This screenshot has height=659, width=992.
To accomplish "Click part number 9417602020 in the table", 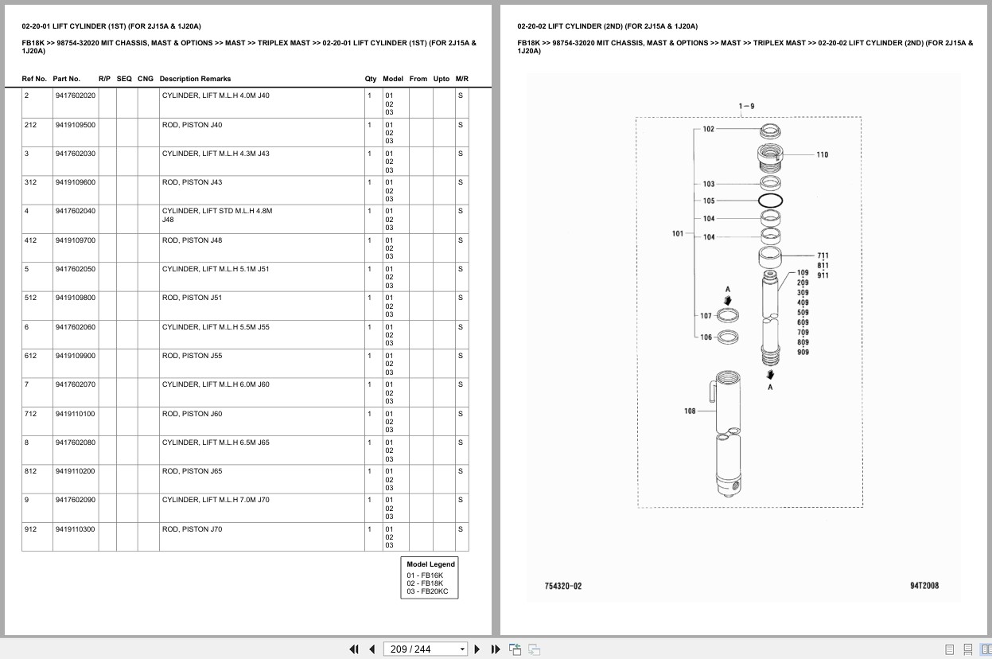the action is [x=76, y=96].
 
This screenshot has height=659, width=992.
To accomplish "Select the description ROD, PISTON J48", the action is [x=193, y=240].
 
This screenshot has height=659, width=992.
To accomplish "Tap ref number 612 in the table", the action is [x=30, y=356].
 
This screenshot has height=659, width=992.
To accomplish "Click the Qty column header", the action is [x=370, y=79].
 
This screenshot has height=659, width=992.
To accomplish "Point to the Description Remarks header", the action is [x=195, y=79].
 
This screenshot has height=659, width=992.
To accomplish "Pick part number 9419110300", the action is [x=76, y=529].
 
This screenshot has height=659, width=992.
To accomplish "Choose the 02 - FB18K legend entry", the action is [x=425, y=583].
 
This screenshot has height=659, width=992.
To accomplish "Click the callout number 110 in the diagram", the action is [x=823, y=154].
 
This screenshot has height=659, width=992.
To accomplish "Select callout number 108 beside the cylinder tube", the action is [x=690, y=411].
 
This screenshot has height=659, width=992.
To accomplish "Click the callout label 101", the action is [x=678, y=233].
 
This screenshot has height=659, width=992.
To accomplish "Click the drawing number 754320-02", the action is [x=563, y=586].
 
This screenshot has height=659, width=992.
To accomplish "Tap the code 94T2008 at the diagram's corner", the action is [x=924, y=586].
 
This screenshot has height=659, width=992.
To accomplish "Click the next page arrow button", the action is [x=477, y=649].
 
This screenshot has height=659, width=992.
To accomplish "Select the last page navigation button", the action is [x=496, y=649].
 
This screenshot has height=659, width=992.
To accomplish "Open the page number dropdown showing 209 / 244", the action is [x=425, y=649].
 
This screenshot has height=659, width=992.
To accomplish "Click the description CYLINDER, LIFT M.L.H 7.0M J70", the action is [x=216, y=500].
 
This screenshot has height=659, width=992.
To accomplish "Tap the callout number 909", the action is [x=803, y=353].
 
